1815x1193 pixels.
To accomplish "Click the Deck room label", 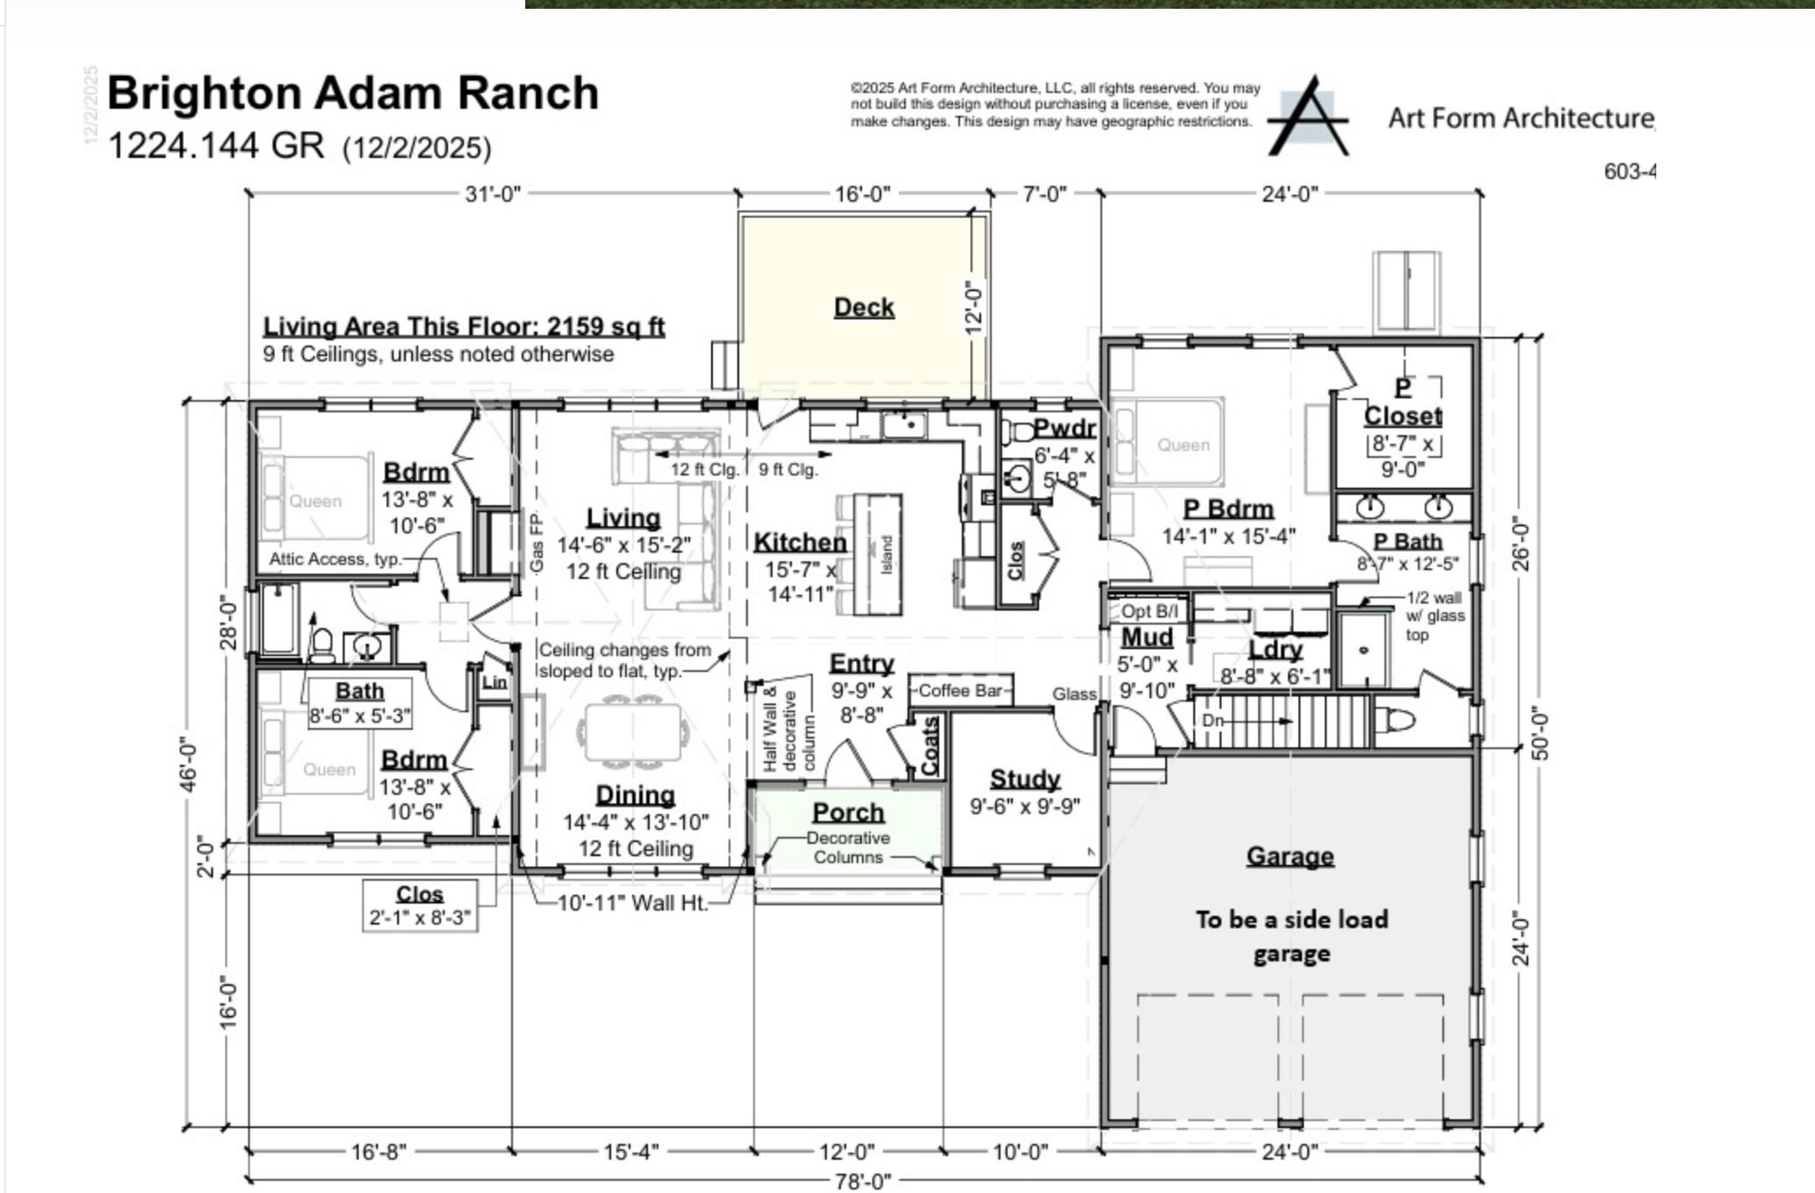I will tap(864, 308).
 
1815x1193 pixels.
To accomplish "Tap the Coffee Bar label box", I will tap(960, 691).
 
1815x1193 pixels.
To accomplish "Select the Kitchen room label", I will tap(800, 543).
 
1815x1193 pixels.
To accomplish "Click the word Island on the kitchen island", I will tap(886, 554).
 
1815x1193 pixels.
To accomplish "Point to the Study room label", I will tap(1024, 779).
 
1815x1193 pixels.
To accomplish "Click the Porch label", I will tap(848, 813).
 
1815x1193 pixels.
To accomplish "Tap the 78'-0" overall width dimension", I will tap(863, 1182).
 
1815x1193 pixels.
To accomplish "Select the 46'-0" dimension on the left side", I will tap(188, 763).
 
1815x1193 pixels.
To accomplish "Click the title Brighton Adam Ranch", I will tap(352, 94).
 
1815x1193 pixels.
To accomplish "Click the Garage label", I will tap(1290, 856).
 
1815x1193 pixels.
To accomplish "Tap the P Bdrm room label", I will tap(1228, 510).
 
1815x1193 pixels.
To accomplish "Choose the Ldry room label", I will tap(1275, 650).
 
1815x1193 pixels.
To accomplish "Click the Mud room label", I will tap(1147, 638).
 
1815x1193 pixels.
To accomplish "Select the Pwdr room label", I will tap(1064, 429).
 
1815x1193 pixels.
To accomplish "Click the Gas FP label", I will tap(537, 544).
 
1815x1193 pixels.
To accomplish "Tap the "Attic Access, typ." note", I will tap(334, 559).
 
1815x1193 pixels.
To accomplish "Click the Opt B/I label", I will tap(1149, 611).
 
